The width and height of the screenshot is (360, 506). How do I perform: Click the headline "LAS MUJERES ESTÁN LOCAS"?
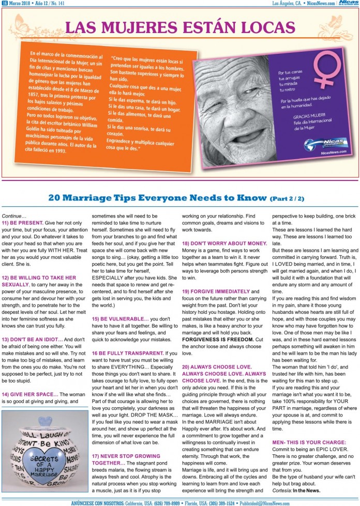pyautogui.click(x=180, y=27)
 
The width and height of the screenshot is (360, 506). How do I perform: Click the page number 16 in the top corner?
pyautogui.click(x=5, y=3)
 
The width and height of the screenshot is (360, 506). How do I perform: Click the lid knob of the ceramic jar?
pyautogui.click(x=44, y=419)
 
